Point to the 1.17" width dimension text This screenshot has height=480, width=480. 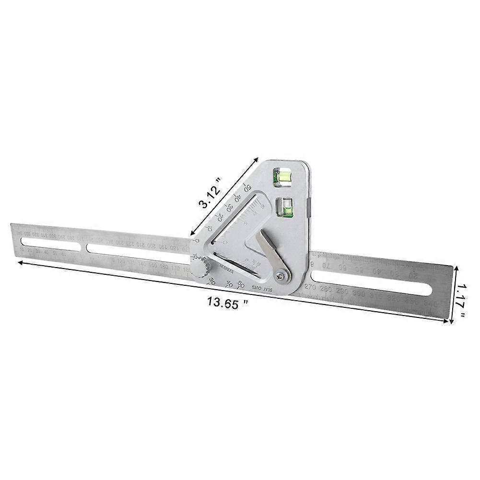[x=461, y=301]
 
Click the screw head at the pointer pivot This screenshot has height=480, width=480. [x=280, y=276]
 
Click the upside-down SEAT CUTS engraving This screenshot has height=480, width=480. [x=262, y=288]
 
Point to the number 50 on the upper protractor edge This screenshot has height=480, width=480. [x=247, y=187]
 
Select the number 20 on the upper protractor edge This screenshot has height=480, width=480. [x=220, y=216]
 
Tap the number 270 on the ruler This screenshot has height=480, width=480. [x=310, y=287]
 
